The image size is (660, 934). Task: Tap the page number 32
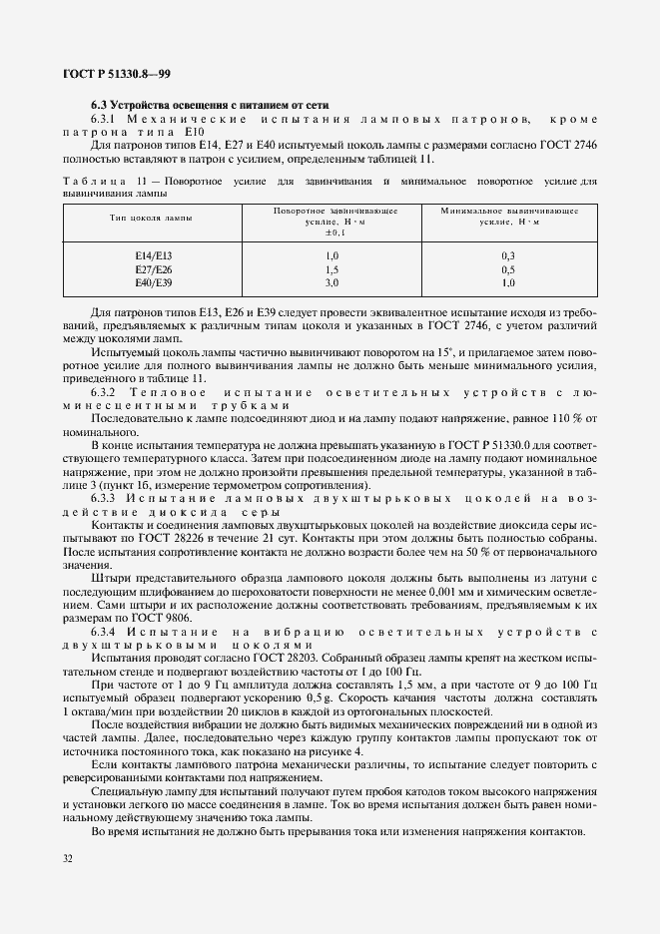click(68, 857)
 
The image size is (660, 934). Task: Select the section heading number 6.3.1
click(105, 118)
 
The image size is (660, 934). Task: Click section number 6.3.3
click(105, 496)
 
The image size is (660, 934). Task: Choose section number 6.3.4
click(105, 631)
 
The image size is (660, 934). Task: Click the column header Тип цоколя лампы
click(153, 217)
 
